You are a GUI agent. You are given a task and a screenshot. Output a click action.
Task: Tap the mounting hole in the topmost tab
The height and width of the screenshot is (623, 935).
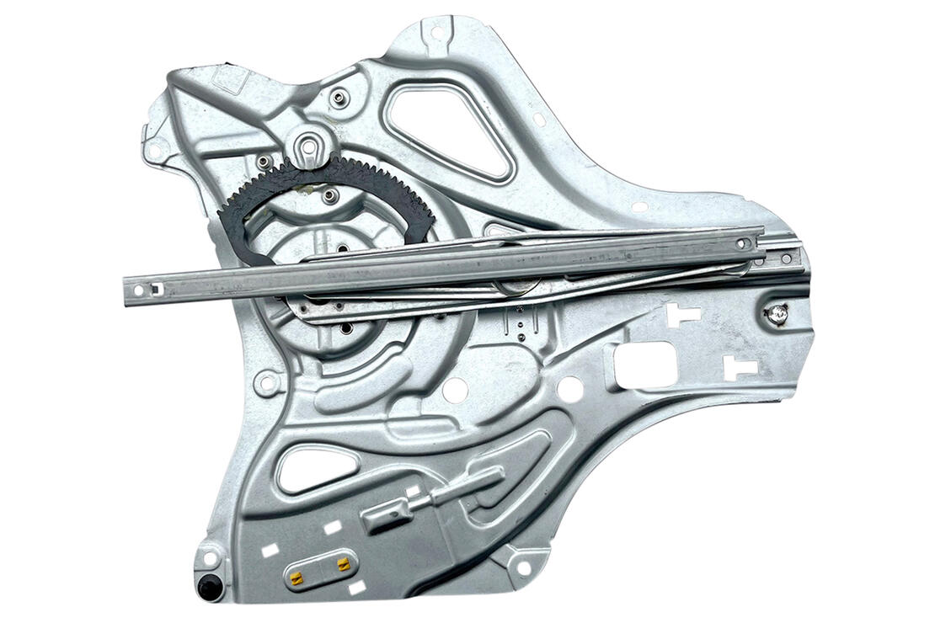coord(436,34)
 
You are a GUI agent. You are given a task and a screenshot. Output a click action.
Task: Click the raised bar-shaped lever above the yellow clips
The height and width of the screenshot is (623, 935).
coord(434,498)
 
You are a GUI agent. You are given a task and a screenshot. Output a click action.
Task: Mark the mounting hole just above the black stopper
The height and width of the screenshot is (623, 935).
coord(210,557)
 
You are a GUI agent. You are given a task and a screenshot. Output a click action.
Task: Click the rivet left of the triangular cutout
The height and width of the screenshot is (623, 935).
coord(339,99)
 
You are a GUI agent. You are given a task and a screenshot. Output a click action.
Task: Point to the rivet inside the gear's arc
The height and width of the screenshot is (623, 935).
coord(330,196)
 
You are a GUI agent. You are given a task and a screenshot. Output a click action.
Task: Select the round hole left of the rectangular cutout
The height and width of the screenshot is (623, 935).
coord(570,388)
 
